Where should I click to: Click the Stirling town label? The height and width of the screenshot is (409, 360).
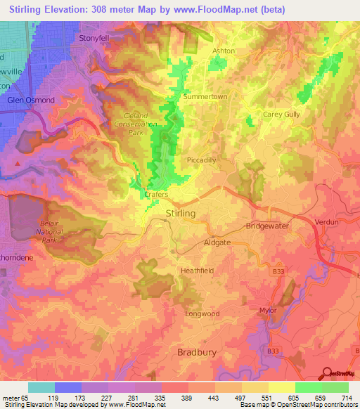point(179,213)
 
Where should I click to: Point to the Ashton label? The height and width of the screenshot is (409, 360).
point(224,51)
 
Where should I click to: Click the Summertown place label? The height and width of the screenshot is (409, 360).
point(202,96)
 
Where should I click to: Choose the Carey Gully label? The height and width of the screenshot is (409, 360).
point(281,114)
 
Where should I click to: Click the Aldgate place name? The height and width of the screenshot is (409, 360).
point(215,241)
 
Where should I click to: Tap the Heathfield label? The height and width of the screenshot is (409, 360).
point(197,270)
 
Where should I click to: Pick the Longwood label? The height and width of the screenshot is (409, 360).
point(202,314)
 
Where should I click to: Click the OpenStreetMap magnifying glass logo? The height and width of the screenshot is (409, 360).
point(326,373)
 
